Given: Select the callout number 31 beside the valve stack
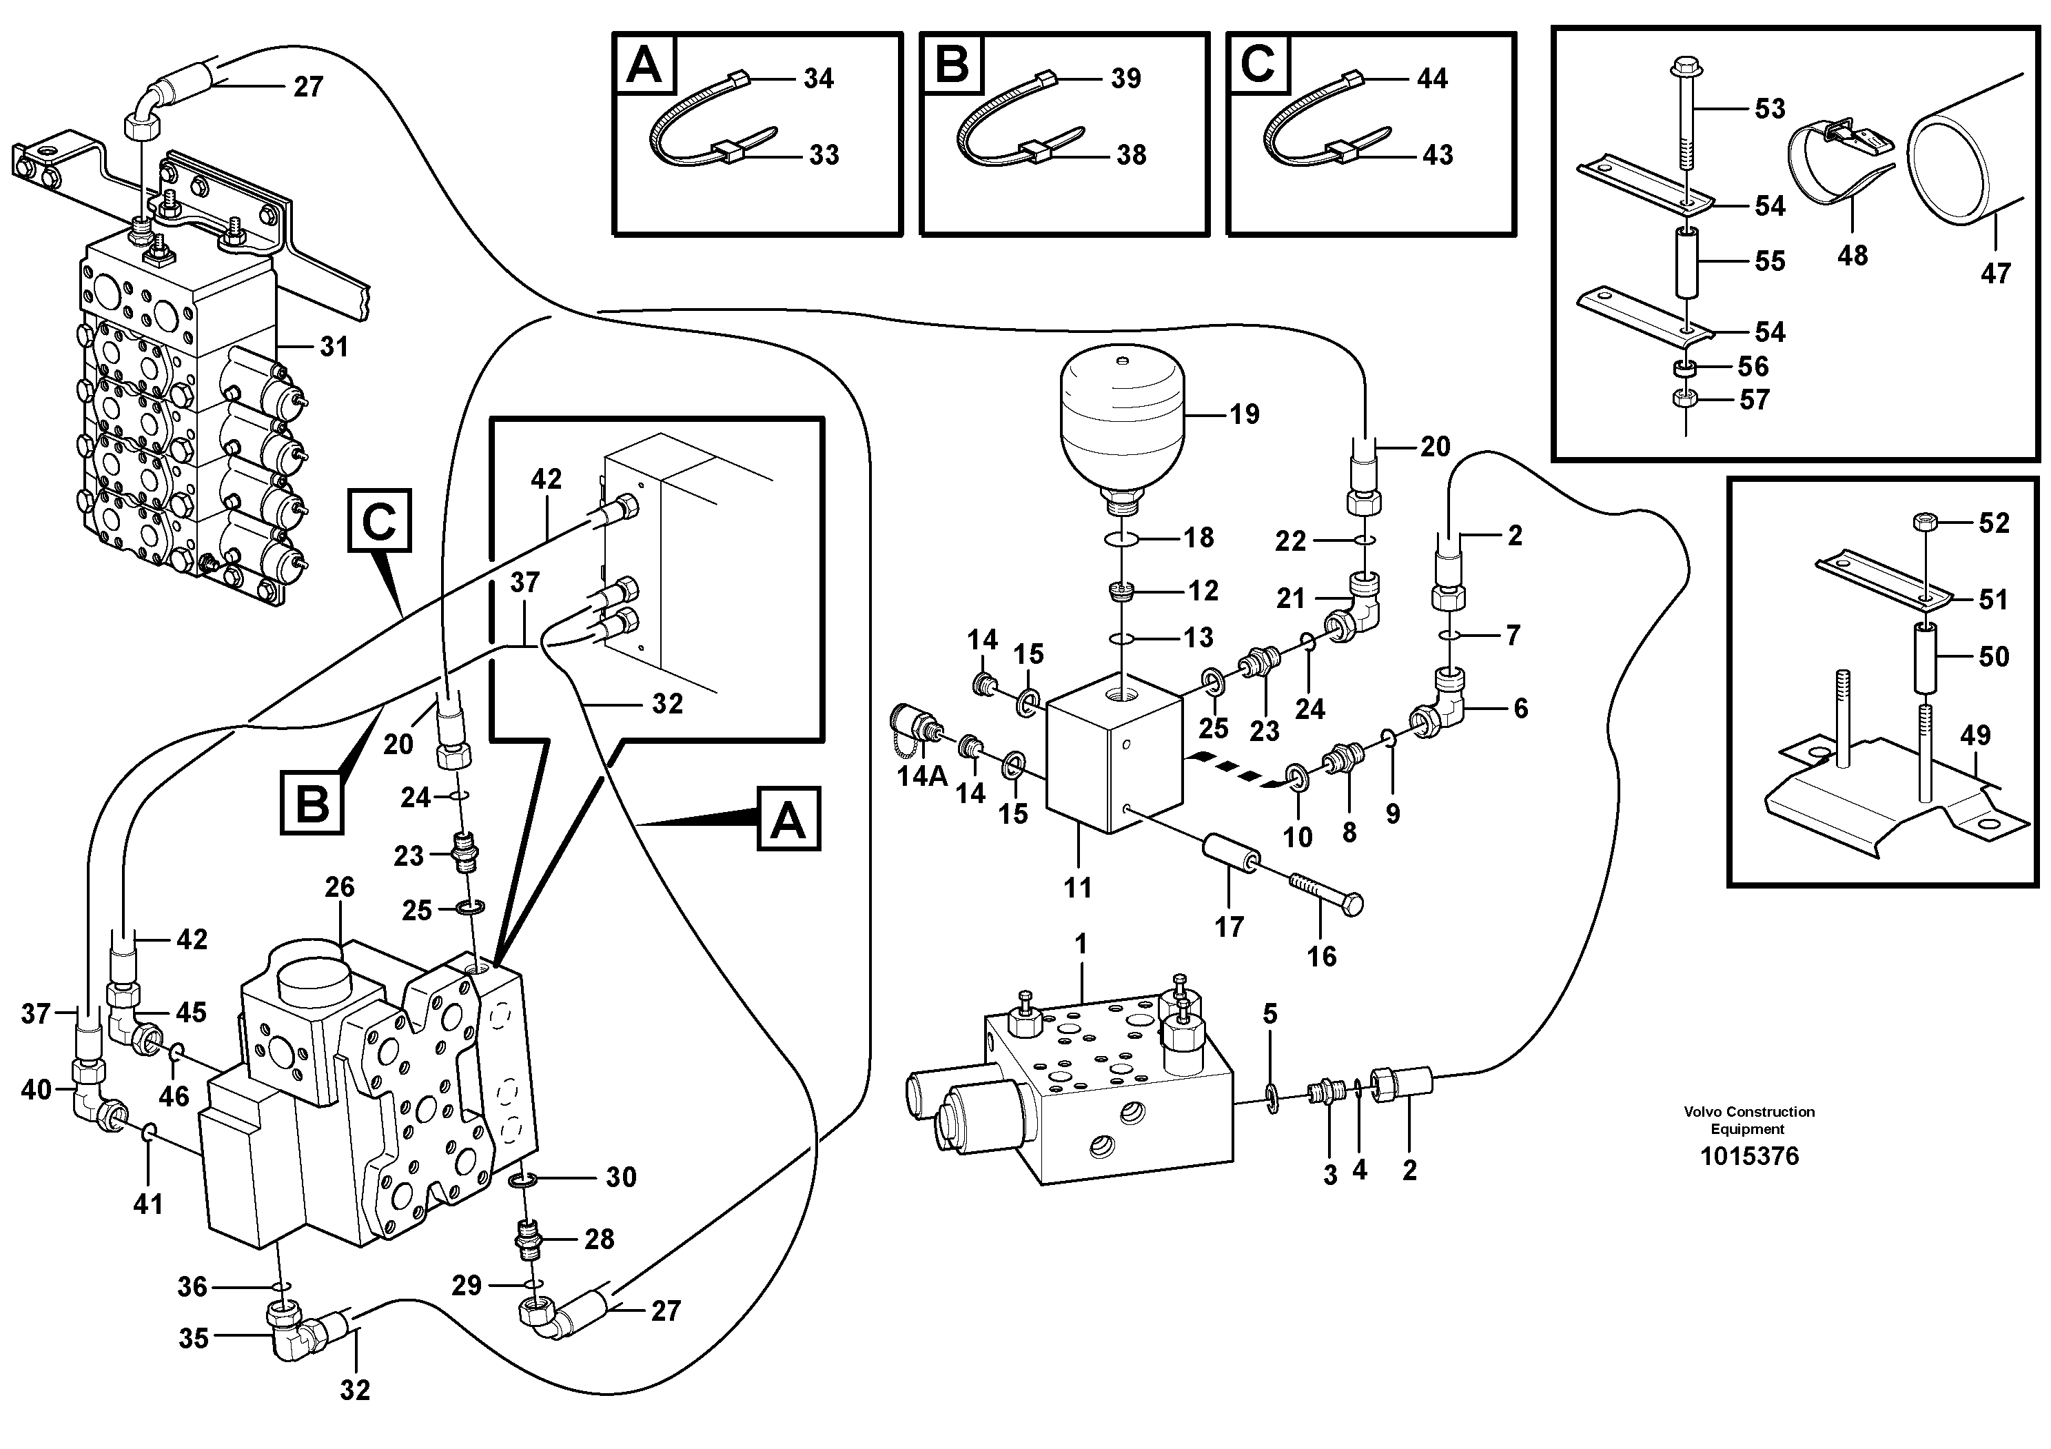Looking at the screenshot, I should [334, 347].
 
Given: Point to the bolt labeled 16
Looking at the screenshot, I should [1326, 893].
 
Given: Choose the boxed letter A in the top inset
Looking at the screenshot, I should [644, 65].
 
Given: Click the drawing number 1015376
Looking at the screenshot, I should [1749, 1156].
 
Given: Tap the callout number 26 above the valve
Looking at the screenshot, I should [340, 887].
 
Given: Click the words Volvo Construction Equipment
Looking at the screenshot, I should [1748, 1120].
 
